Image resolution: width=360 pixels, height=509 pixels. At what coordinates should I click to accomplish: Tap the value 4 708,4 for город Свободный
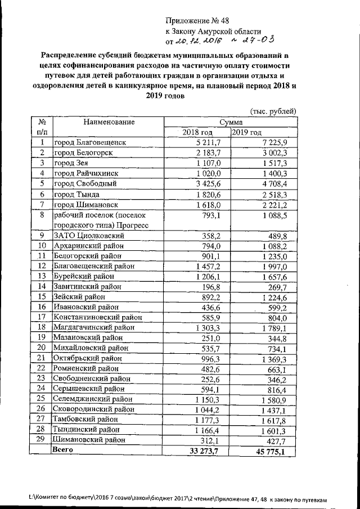coord(273,183)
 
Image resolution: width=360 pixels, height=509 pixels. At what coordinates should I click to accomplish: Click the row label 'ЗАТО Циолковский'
coord(88,236)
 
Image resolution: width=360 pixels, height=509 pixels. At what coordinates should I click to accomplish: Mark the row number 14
coord(41,286)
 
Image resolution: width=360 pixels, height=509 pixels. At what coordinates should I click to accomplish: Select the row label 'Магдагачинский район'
coord(94,327)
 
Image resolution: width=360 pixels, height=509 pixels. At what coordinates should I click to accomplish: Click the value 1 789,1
coord(272,327)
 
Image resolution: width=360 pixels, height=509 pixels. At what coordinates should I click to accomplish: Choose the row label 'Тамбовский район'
coord(86,419)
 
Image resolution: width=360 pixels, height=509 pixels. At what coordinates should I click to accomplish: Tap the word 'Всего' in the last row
coord(62,450)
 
